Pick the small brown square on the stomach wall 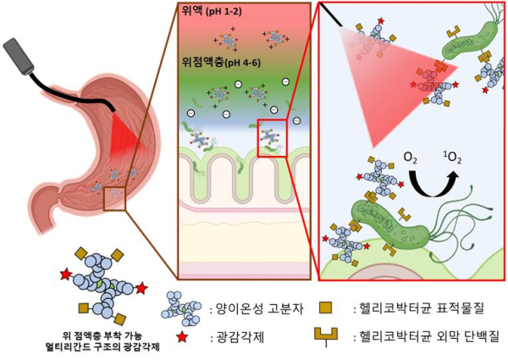113,199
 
